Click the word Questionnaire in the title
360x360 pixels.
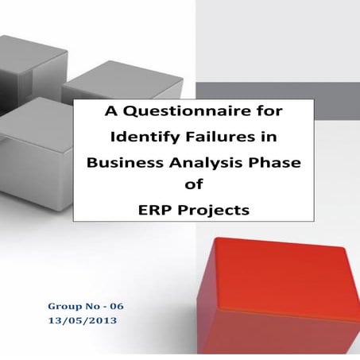pos(173,111)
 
